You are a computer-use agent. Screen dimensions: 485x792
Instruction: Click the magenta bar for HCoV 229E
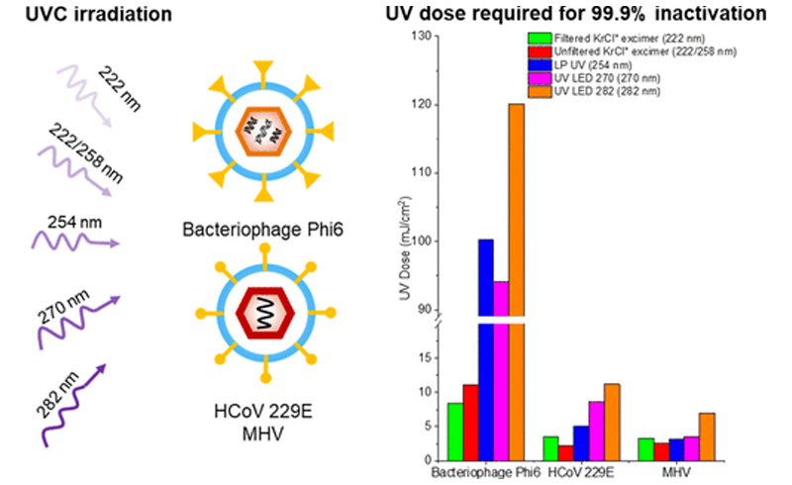595,431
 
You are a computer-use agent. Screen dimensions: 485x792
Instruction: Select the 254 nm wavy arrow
79,239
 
